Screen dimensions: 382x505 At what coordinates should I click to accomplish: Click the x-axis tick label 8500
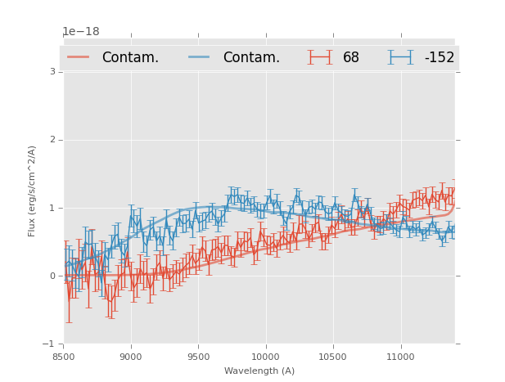click(x=64, y=357)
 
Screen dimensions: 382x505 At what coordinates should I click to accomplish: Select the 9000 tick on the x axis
click(x=131, y=357)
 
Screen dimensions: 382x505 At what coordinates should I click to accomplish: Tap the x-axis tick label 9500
click(x=198, y=357)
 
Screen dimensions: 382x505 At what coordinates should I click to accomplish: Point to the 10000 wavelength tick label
click(x=265, y=357)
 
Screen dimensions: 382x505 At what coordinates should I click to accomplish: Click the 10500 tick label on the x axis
click(x=332, y=357)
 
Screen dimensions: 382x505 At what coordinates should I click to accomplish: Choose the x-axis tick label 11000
click(x=399, y=357)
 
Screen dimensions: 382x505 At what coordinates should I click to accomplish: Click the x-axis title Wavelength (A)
click(x=259, y=371)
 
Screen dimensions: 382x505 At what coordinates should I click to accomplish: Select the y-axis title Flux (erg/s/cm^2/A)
click(x=33, y=191)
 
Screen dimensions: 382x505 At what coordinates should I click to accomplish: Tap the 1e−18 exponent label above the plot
click(x=81, y=32)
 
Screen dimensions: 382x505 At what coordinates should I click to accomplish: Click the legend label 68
click(x=351, y=58)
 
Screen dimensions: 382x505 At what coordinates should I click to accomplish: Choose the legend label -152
click(x=439, y=58)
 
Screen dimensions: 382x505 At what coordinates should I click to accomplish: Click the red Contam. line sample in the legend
click(x=79, y=57)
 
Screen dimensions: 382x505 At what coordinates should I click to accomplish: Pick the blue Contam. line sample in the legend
click(x=200, y=57)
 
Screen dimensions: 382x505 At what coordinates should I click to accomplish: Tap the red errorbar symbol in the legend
click(x=320, y=57)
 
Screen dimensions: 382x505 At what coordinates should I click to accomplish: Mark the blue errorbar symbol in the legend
click(x=401, y=57)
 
